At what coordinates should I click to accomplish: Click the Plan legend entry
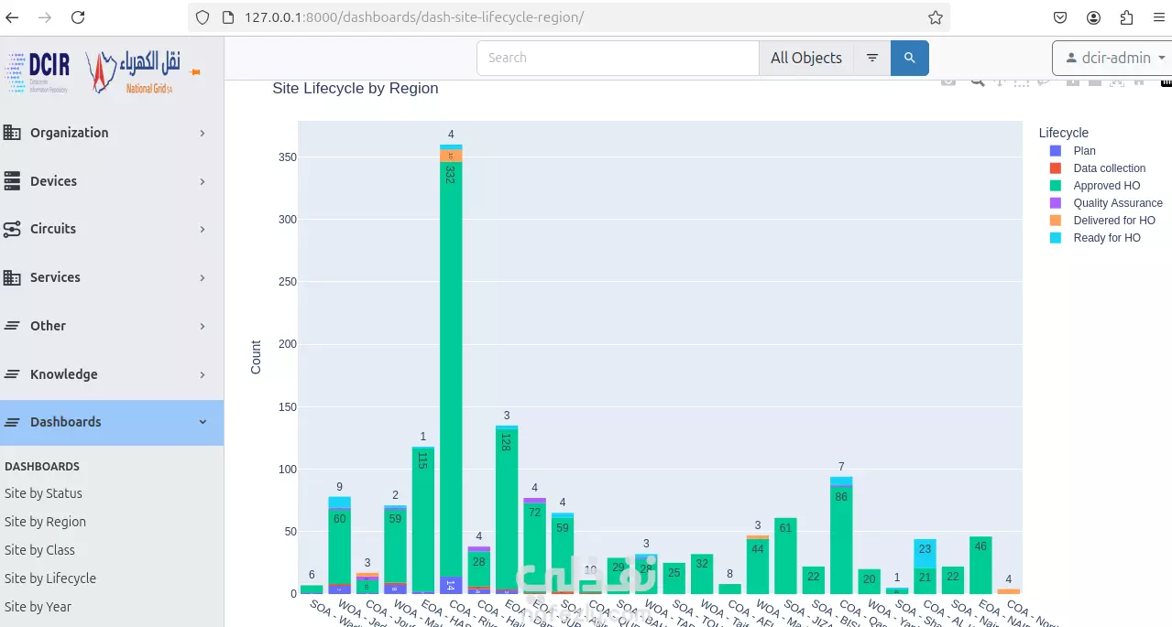point(1083,151)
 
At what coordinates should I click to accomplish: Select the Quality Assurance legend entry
point(1117,203)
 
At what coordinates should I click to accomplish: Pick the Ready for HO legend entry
point(1106,238)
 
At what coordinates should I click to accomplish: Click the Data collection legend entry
point(1109,168)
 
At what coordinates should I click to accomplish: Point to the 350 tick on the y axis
point(288,157)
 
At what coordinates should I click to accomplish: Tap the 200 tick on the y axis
point(288,344)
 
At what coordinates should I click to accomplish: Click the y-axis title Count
point(256,357)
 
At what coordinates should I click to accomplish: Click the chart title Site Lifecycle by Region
point(356,89)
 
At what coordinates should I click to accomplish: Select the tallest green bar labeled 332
point(450,366)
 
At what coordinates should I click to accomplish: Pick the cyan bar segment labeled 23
point(925,549)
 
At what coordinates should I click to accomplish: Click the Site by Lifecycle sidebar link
point(50,578)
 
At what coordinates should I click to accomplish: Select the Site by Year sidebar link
point(38,607)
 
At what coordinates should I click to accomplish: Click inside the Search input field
point(618,58)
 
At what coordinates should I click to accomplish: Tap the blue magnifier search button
point(909,58)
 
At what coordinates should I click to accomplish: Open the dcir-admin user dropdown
point(1112,58)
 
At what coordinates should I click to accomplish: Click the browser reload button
point(78,17)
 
